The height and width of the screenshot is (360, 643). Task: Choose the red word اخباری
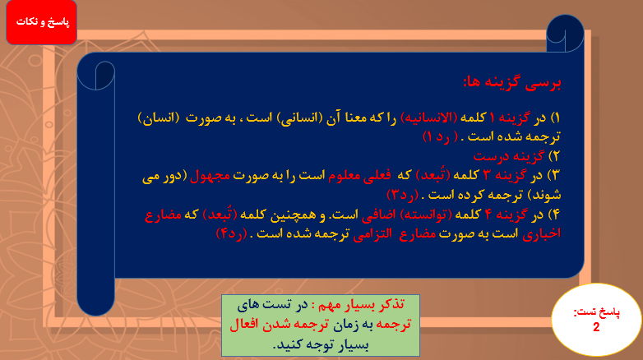528,233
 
